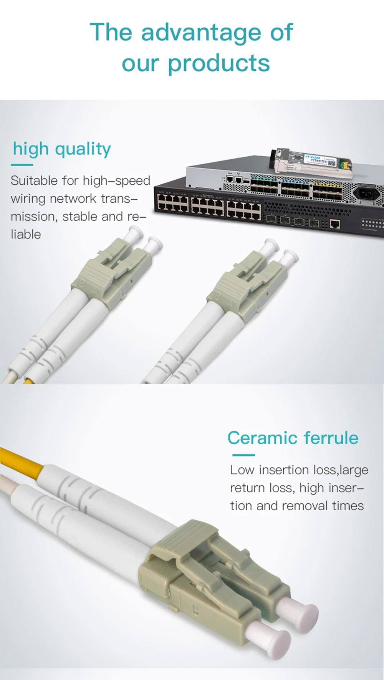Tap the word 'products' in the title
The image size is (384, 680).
point(219,63)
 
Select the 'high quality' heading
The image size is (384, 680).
point(62,149)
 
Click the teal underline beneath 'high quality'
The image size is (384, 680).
point(22,165)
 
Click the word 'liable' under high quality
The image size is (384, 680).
point(26,234)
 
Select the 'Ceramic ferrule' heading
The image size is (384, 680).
point(293,438)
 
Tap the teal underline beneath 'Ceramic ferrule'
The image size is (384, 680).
point(243,455)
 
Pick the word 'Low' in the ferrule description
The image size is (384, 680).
point(242,470)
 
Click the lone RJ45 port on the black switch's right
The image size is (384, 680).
point(334,224)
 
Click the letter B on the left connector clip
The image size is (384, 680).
point(81,285)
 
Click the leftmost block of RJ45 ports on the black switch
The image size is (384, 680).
point(173,204)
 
